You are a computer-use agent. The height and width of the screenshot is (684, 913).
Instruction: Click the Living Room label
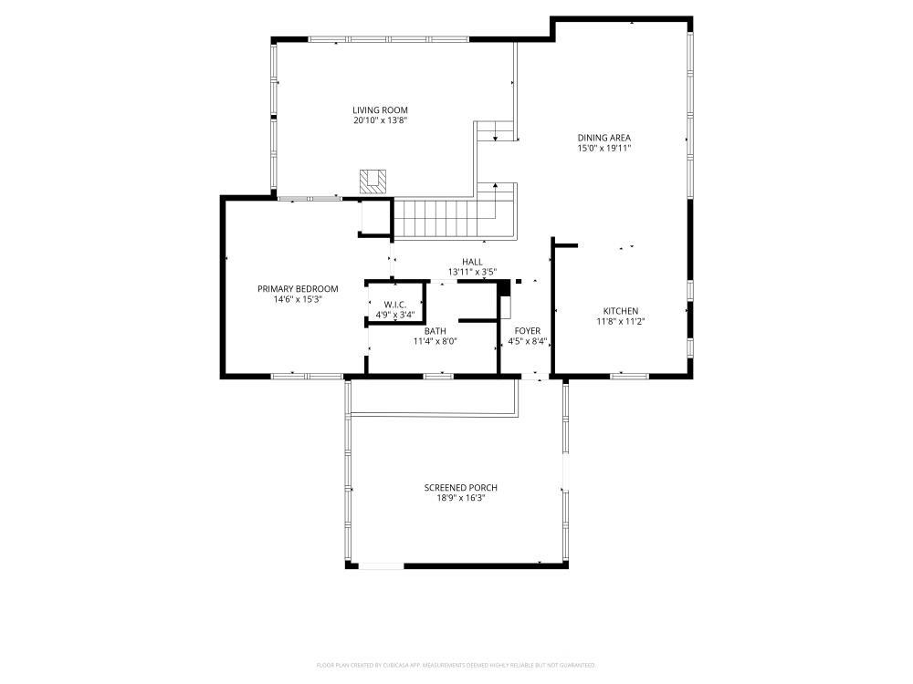point(380,110)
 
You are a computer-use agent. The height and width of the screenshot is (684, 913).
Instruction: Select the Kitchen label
point(620,311)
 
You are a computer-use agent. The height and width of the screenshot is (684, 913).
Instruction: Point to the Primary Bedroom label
point(298,289)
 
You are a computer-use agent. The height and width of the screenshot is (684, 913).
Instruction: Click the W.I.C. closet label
point(394,305)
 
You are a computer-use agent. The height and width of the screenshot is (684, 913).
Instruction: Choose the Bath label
point(435,331)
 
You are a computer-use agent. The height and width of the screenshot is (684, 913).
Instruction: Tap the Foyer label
point(527,331)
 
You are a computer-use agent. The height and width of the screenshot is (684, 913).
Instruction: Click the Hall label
point(472,262)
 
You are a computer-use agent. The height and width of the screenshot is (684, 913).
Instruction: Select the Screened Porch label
point(460,488)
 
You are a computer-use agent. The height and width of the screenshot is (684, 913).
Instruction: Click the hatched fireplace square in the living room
point(373,181)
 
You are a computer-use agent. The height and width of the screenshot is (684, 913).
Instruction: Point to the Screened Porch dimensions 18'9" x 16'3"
point(460,498)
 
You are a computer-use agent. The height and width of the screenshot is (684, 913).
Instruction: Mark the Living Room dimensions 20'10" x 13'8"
point(380,120)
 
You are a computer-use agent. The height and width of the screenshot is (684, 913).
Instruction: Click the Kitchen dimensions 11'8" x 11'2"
point(620,321)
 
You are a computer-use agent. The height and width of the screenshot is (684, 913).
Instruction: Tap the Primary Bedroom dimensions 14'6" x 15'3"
point(298,299)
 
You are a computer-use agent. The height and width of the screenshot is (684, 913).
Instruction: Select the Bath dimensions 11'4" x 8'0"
point(435,341)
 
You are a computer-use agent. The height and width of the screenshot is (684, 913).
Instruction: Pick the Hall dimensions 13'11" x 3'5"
point(472,272)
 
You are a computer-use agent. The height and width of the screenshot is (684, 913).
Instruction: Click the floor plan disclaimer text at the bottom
point(456,665)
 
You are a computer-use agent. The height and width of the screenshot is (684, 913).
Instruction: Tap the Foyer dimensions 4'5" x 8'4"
point(527,342)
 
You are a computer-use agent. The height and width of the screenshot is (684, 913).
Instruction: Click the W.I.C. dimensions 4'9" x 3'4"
point(394,315)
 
